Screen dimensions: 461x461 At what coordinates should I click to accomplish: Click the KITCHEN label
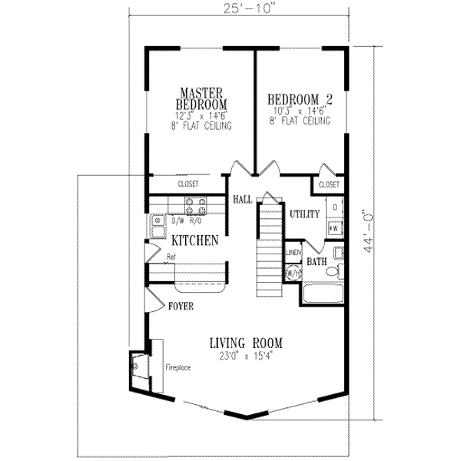pyautogui.click(x=195, y=240)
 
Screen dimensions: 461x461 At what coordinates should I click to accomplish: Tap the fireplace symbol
pyautogui.click(x=138, y=372)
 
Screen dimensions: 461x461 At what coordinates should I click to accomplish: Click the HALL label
pyautogui.click(x=243, y=200)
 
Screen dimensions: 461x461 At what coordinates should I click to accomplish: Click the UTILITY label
pyautogui.click(x=304, y=214)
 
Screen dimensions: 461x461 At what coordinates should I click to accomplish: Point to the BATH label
pyautogui.click(x=317, y=262)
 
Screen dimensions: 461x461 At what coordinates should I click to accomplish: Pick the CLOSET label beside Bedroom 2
pyautogui.click(x=328, y=185)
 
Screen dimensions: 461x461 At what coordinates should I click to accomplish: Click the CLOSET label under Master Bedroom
pyautogui.click(x=188, y=184)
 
